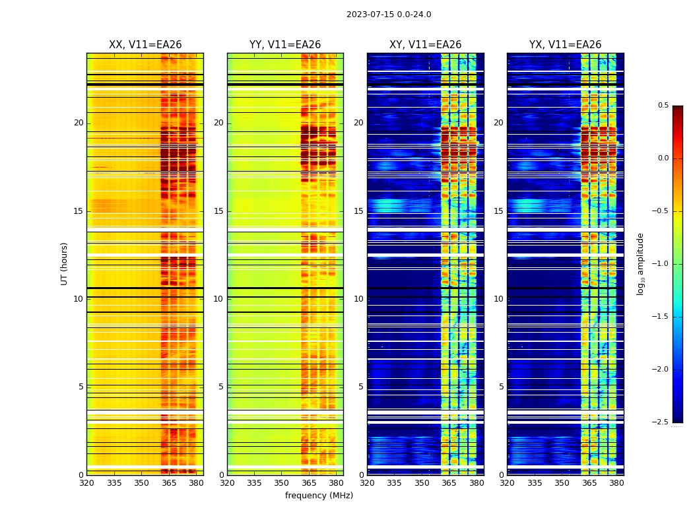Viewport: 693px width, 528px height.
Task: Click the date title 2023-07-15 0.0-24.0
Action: coord(389,15)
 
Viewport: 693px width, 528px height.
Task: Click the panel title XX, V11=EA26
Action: coord(145,45)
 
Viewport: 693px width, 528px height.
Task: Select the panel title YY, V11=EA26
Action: coord(285,45)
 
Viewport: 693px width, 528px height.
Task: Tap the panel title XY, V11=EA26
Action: coord(425,45)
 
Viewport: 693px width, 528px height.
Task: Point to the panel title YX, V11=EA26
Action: coord(565,45)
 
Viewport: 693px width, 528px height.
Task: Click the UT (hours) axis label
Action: coord(65,263)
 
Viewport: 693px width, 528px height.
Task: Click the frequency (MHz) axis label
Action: coord(319,496)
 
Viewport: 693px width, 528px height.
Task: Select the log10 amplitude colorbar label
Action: coord(640,263)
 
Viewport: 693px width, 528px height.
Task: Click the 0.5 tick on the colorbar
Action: coord(663,106)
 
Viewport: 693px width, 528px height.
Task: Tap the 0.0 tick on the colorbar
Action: coord(663,158)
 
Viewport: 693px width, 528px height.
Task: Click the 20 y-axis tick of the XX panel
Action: coord(79,123)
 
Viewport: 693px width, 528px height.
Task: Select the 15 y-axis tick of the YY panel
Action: coord(218,211)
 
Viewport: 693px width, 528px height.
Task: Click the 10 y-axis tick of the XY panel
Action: coord(358,299)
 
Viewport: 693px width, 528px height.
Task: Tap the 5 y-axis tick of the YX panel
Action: coord(501,387)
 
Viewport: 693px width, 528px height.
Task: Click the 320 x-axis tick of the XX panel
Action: coord(86,483)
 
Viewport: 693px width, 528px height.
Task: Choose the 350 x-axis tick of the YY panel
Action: coord(282,483)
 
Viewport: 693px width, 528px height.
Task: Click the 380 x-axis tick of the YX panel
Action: coord(616,483)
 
